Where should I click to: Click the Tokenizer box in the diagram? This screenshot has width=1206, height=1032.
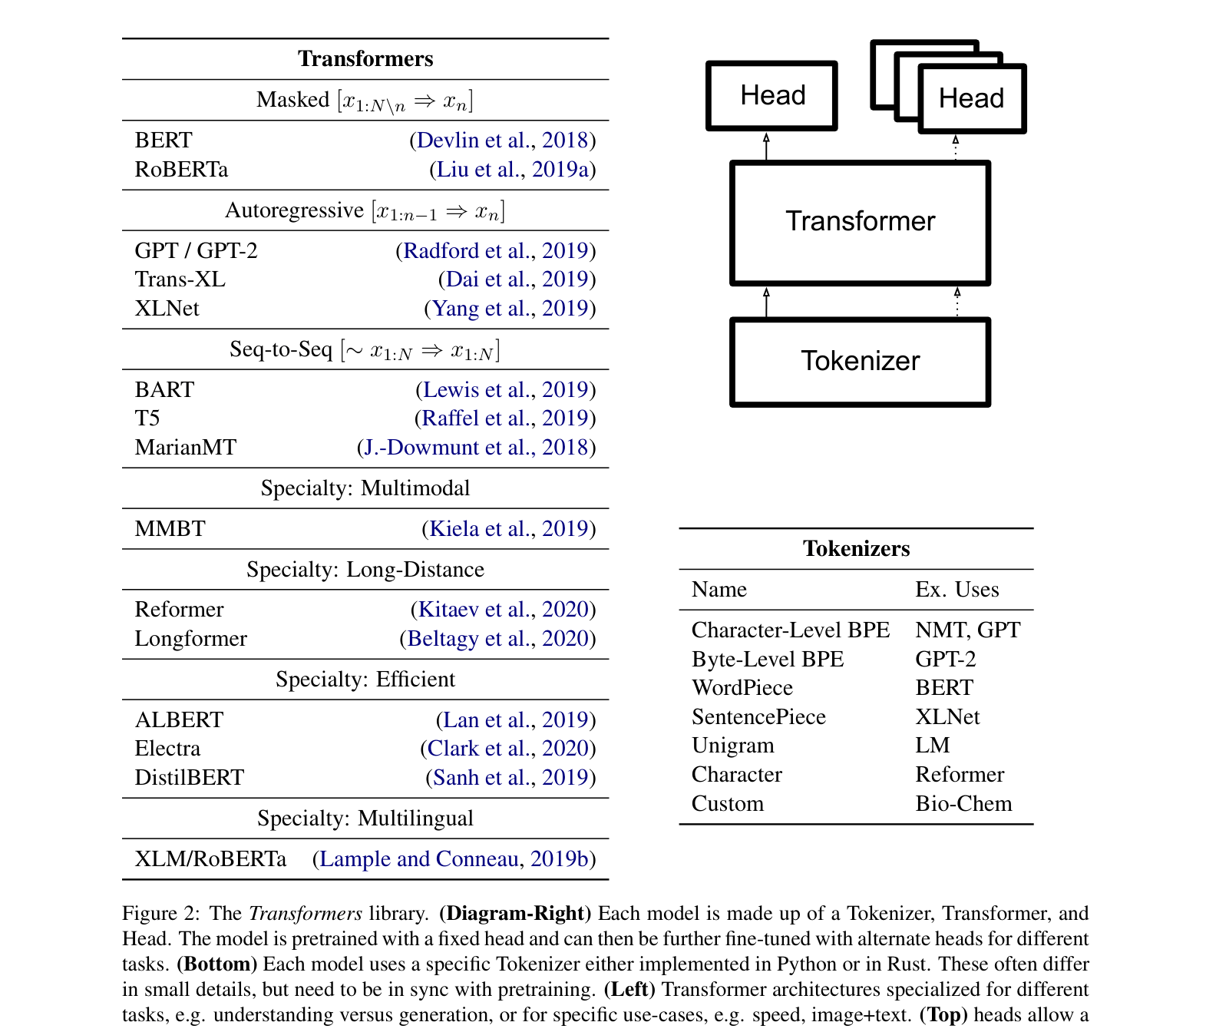pyautogui.click(x=860, y=362)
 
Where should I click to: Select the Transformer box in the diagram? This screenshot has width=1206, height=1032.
pyautogui.click(x=860, y=222)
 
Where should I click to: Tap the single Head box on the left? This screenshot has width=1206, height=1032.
pyautogui.click(x=772, y=96)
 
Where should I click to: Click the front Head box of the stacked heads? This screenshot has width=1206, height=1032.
pyautogui.click(x=971, y=99)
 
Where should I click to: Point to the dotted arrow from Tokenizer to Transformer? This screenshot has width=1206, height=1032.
pyautogui.click(x=957, y=302)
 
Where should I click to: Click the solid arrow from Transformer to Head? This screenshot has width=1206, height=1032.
pyautogui.click(x=766, y=146)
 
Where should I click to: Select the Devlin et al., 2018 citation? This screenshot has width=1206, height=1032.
pyautogui.click(x=502, y=141)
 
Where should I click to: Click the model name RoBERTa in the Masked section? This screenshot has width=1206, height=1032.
pyautogui.click(x=181, y=170)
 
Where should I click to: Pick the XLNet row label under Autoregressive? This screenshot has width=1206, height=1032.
pyautogui.click(x=167, y=309)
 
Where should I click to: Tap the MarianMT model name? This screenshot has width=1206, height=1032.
pyautogui.click(x=186, y=448)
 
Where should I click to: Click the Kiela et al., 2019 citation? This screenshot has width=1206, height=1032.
pyautogui.click(x=508, y=529)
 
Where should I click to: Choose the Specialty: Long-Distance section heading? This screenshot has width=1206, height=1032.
pyautogui.click(x=365, y=570)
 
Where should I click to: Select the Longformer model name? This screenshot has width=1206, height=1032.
pyautogui.click(x=190, y=639)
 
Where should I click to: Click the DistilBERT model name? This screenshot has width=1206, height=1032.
pyautogui.click(x=189, y=778)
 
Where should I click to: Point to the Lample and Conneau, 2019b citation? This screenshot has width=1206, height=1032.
pyautogui.click(x=454, y=859)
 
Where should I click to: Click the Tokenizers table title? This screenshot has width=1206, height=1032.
pyautogui.click(x=856, y=549)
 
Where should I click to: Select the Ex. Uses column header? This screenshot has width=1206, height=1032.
pyautogui.click(x=957, y=590)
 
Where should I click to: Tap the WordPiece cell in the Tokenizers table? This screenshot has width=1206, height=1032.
pyautogui.click(x=742, y=688)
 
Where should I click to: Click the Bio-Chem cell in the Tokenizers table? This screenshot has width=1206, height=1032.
pyautogui.click(x=963, y=804)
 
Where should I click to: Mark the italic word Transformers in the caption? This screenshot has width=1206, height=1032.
pyautogui.click(x=306, y=914)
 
